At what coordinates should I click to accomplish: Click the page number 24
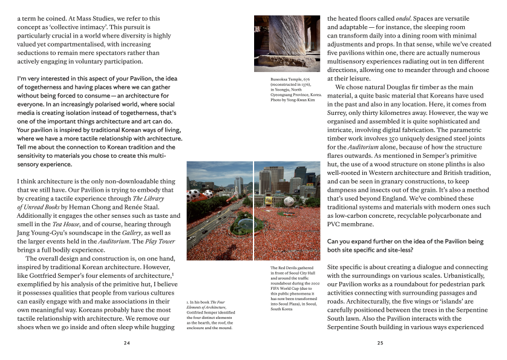pos(126,342)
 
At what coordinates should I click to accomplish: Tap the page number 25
pos(380,342)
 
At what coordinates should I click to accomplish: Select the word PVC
pos(336,223)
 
